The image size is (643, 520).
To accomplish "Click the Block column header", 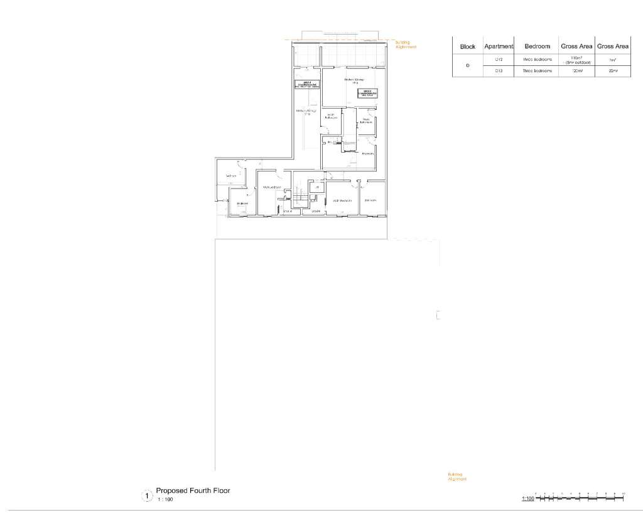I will pyautogui.click(x=468, y=46).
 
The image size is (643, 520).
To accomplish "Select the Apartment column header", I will pyautogui.click(x=499, y=46).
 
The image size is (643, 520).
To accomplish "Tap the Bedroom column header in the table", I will pyautogui.click(x=538, y=46).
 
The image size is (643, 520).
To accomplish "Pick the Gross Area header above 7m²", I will pyautogui.click(x=613, y=46).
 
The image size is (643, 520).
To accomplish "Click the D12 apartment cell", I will pyautogui.click(x=499, y=60).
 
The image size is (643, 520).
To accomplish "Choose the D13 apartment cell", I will pyautogui.click(x=499, y=72).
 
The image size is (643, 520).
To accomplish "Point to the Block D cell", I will pyautogui.click(x=468, y=66).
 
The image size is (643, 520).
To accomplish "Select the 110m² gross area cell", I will pyautogui.click(x=577, y=60).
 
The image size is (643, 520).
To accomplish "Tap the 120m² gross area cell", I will pyautogui.click(x=577, y=72).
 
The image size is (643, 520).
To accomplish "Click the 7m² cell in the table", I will pyautogui.click(x=613, y=60).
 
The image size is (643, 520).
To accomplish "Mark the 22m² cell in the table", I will pyautogui.click(x=613, y=72).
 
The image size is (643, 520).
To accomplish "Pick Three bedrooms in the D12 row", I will pyautogui.click(x=538, y=60).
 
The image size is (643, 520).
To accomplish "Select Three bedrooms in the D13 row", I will pyautogui.click(x=538, y=72).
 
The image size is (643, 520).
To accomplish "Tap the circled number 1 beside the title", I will pyautogui.click(x=147, y=496).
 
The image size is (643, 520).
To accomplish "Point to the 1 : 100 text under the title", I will pyautogui.click(x=165, y=499).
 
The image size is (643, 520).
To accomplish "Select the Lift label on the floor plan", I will pyautogui.click(x=317, y=187).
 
